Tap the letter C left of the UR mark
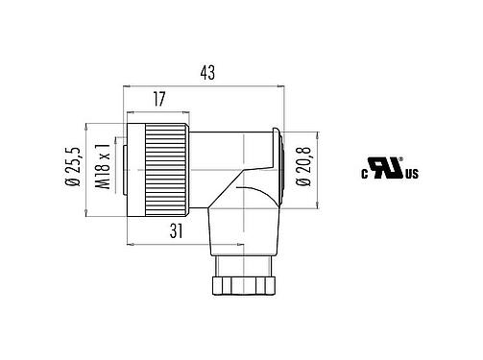click(x=365, y=176)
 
